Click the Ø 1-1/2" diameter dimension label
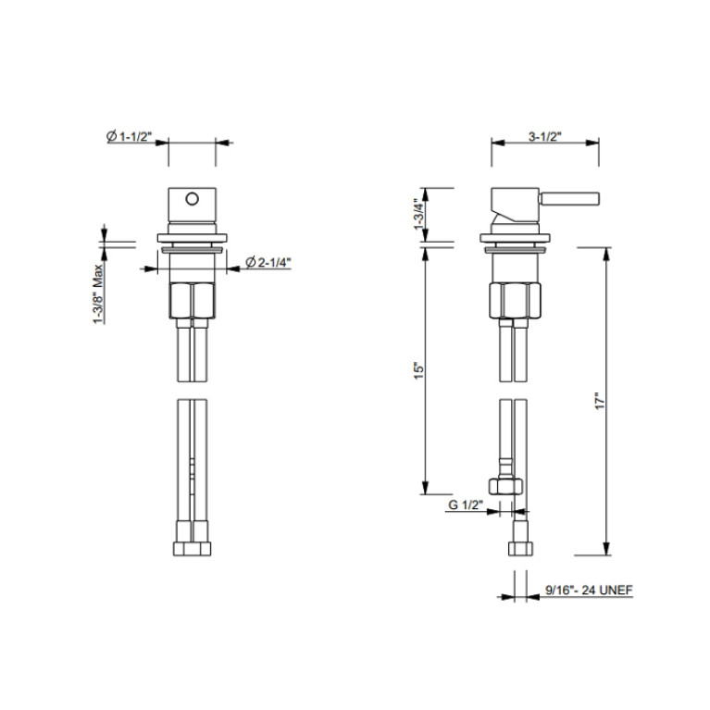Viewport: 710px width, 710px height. click(x=129, y=136)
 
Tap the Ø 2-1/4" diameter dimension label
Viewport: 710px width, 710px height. click(x=268, y=262)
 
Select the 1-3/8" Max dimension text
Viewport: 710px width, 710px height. click(x=98, y=293)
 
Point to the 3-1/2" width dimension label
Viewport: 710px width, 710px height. click(x=544, y=136)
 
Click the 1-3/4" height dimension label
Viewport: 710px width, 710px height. click(x=419, y=213)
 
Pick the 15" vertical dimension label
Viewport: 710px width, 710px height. click(x=419, y=370)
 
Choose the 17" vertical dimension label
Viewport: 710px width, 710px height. click(x=600, y=401)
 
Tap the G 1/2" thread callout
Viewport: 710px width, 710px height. click(x=466, y=504)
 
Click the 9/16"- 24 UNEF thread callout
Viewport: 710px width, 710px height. click(x=589, y=590)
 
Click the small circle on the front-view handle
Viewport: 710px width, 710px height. click(x=192, y=198)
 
